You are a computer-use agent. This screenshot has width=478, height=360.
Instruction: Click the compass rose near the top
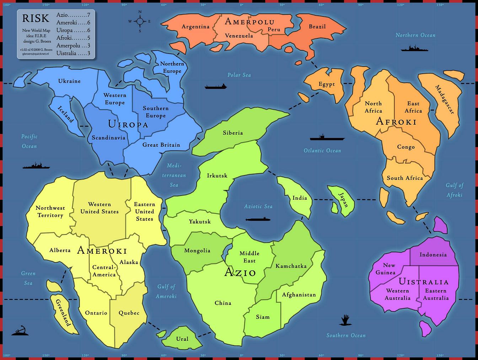[140, 21]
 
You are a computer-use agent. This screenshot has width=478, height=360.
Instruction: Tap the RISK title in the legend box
[36, 18]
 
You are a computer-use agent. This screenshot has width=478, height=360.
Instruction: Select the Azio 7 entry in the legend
[73, 15]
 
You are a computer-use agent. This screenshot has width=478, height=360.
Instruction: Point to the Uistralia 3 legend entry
[73, 53]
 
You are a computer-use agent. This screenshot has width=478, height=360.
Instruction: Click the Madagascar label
[445, 100]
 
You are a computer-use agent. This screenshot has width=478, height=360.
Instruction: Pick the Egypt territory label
[327, 84]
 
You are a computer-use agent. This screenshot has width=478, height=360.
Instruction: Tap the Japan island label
[343, 200]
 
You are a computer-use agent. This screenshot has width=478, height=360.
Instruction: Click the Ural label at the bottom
[182, 339]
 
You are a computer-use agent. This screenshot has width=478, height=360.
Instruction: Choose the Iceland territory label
[66, 114]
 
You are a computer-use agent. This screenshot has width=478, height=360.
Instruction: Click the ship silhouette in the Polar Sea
[215, 86]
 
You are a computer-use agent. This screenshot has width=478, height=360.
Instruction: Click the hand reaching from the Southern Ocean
[344, 320]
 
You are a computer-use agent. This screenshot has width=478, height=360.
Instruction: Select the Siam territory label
[263, 317]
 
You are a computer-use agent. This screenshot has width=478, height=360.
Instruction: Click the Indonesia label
[433, 254]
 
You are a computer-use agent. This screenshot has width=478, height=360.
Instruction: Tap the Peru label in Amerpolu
[274, 29]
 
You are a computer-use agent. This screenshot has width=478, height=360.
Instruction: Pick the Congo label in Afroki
[406, 147]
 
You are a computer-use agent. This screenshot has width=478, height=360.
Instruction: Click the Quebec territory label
[129, 313]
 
